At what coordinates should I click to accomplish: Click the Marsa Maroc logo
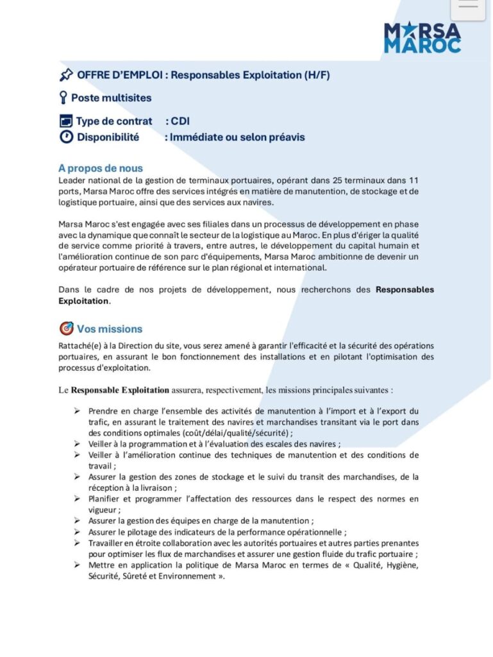point(422,37)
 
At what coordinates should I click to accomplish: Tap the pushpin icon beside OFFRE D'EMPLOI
point(66,75)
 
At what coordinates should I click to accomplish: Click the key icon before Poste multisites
point(63,98)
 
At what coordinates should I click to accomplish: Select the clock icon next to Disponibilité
point(66,137)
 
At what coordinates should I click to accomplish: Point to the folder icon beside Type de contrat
point(66,121)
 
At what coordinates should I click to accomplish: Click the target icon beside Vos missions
point(66,328)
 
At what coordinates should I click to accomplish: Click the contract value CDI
point(180,121)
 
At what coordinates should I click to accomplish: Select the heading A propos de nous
point(100,168)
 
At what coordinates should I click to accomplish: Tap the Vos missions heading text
point(110,328)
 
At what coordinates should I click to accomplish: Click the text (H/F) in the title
point(317,75)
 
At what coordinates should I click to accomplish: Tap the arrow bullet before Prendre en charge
point(76,410)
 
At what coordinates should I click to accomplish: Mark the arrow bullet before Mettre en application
point(76,565)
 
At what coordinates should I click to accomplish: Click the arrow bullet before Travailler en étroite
point(76,543)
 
